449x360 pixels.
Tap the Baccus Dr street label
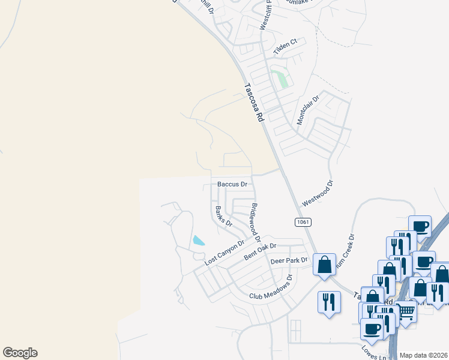coord(232,184)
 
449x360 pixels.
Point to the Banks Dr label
coord(223,215)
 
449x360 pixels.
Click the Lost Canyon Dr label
coord(224,253)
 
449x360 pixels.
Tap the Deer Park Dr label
coord(289,261)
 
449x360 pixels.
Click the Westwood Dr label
coord(318,195)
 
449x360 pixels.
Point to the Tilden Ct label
coord(286,47)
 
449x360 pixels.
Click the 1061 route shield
coord(303,222)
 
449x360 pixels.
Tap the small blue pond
coord(198,241)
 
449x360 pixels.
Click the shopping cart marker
coord(407,311)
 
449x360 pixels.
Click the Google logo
coord(20,353)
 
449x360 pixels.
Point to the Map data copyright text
coord(424,355)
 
